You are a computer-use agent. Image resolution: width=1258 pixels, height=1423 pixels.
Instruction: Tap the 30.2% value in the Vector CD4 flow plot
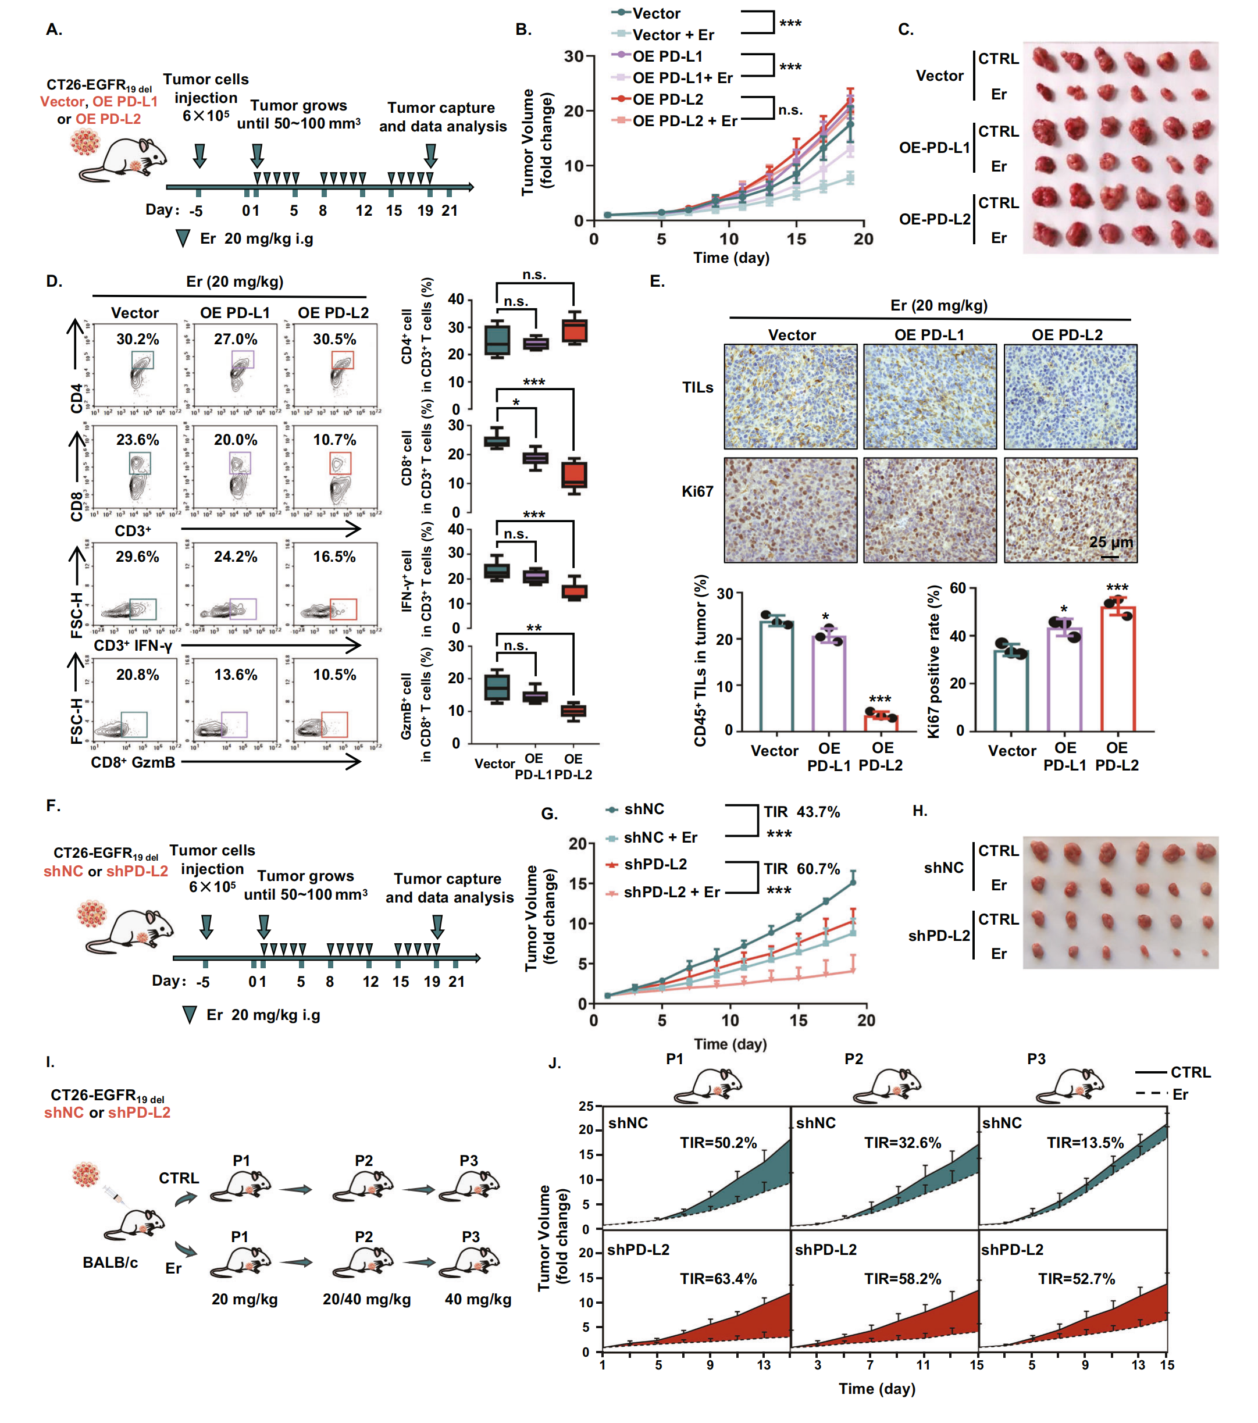point(137,339)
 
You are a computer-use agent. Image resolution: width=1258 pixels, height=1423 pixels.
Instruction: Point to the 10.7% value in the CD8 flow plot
point(334,440)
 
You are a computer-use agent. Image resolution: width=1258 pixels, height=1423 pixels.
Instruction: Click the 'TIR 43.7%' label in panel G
point(801,812)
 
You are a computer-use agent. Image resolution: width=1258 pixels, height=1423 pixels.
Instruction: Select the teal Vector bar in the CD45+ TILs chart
point(776,675)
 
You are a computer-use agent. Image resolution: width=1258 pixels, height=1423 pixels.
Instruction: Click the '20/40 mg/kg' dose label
point(366,1299)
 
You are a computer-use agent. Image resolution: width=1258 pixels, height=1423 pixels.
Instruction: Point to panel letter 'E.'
point(657,281)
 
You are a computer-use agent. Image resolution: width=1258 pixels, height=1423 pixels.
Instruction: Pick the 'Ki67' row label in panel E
point(697,491)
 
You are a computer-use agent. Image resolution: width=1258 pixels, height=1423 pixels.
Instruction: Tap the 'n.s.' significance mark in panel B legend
point(790,110)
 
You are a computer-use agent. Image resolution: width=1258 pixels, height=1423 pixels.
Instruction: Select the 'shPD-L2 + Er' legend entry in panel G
point(671,892)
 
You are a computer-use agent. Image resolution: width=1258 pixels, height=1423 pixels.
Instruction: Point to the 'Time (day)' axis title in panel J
point(876,1388)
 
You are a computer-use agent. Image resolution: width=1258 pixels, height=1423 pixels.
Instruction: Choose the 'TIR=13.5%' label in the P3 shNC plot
point(1085,1143)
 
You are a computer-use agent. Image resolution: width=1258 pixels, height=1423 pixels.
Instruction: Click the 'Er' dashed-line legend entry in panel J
point(1180,1094)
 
